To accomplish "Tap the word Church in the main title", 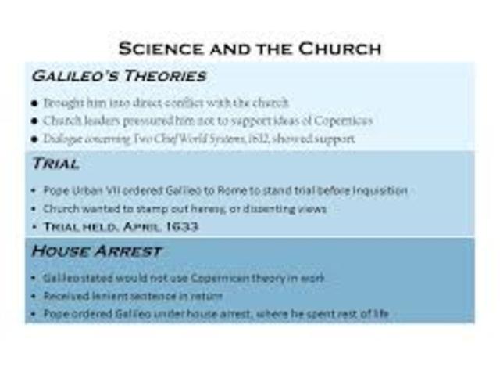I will (338, 49).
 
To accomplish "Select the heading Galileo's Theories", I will (119, 76).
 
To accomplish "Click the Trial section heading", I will (55, 164).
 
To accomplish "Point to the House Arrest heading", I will (97, 251).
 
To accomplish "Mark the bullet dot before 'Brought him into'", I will (34, 103).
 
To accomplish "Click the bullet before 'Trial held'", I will (34, 227).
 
